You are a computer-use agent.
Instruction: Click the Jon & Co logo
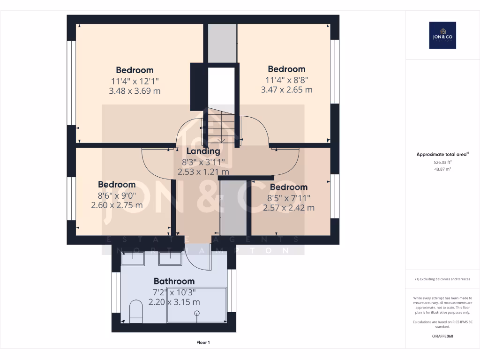tap(442, 35)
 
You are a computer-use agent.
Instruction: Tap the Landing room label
tap(203, 151)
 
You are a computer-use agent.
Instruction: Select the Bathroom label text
tap(174, 281)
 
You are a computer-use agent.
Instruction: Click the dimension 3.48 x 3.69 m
tap(135, 91)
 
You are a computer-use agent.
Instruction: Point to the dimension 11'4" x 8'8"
tap(286, 80)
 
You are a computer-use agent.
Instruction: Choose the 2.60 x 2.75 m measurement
tap(117, 205)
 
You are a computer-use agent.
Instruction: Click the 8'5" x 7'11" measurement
tap(288, 198)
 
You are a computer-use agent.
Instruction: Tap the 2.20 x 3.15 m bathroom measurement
tap(174, 302)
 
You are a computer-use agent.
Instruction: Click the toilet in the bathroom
tap(135, 311)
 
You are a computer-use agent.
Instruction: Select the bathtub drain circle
tap(197, 313)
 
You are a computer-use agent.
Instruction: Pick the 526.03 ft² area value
tap(442, 162)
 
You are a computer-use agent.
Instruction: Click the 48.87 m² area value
tap(442, 169)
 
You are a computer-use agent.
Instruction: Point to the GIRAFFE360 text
tap(442, 336)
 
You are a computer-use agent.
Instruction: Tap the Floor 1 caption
tap(203, 343)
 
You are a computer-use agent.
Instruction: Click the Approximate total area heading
tap(442, 154)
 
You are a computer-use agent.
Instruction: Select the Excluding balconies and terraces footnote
tap(442, 279)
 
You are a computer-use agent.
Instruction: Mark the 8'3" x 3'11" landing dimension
tap(203, 162)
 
